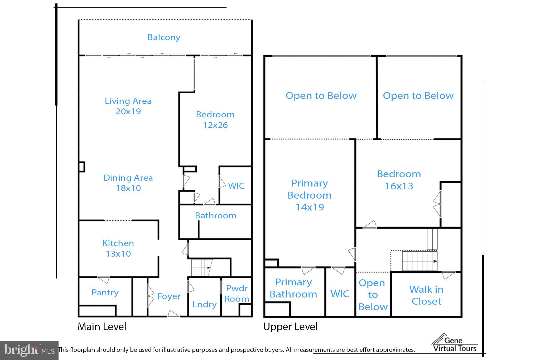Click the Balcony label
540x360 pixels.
(164, 37)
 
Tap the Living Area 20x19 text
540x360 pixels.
(128, 106)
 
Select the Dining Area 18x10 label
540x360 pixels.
(128, 183)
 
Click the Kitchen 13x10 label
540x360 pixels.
(118, 248)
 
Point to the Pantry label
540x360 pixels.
(105, 292)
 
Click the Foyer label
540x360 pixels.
(169, 296)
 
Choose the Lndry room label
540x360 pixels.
(204, 304)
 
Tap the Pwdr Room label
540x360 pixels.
(237, 294)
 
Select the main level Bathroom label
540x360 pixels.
(215, 215)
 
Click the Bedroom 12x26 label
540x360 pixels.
(215, 120)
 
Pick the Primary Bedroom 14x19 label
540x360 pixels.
(310, 195)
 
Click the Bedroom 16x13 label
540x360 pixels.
(399, 180)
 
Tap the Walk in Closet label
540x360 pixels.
(426, 295)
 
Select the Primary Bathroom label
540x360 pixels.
(293, 288)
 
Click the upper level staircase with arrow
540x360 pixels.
(419, 261)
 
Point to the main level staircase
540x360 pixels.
(201, 268)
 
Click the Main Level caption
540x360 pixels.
(102, 327)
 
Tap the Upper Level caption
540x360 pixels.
(290, 327)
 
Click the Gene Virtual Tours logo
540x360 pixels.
(455, 344)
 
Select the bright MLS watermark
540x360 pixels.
(29, 350)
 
